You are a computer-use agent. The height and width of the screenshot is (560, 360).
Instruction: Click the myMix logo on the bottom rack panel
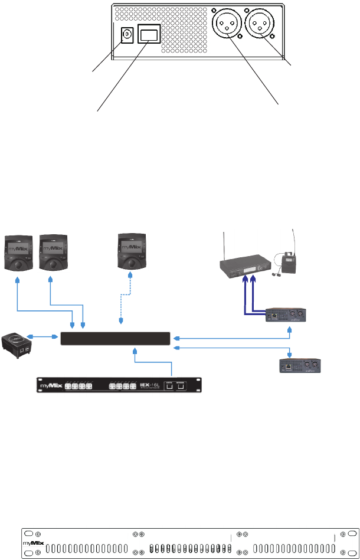click(x=34, y=542)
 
